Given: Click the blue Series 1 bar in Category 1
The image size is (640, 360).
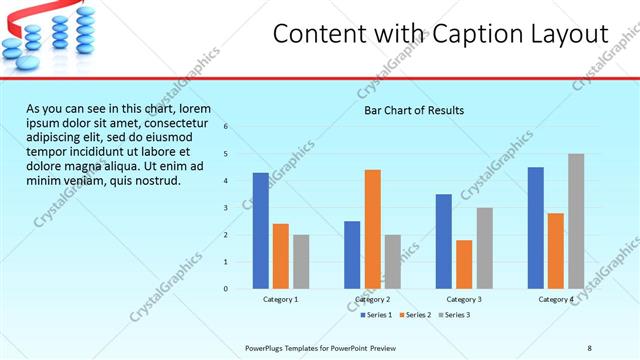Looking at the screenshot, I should coord(261,231).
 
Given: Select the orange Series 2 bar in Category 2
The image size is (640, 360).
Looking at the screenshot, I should coord(372,229).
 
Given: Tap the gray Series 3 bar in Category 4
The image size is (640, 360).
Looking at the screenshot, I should coord(576,221).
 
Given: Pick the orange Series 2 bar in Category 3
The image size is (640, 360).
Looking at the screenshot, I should coord(464,264).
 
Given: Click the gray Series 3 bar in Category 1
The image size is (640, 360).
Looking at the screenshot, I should coord(301,262).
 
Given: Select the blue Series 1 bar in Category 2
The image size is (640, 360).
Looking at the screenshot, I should coord(352,255).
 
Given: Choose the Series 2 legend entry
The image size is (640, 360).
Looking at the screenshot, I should coord(416,315).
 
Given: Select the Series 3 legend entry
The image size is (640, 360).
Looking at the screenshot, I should coord(455,315).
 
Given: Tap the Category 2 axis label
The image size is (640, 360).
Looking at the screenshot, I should coord(372,299).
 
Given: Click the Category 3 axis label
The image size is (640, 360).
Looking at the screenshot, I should coord(464,299).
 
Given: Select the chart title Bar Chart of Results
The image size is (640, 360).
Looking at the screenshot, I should coord(413,110).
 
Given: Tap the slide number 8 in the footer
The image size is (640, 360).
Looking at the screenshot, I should coord(590,347).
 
